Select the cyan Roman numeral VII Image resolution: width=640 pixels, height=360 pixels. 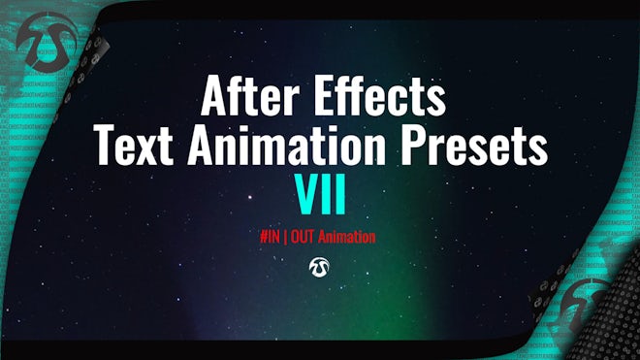[320, 191]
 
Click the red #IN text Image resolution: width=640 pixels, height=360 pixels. [272, 237]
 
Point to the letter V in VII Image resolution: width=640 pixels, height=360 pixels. [303, 191]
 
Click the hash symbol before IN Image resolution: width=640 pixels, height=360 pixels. [264, 237]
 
